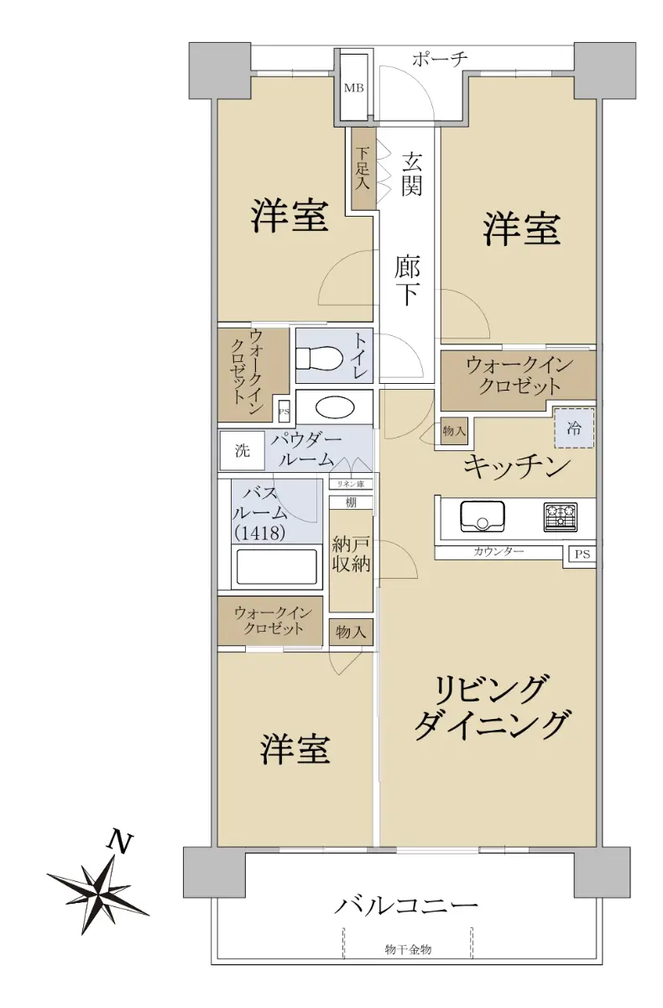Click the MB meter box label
pos(354,87)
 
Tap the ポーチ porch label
pos(440,59)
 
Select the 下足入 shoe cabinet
pos(363,168)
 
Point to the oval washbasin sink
pos(335,407)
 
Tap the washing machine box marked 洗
pos(242,450)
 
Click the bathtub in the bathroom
pos(277,566)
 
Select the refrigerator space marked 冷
pos(574,428)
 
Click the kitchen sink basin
pos(482,516)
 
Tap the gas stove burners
pos(561,517)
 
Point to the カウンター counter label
pos(499,552)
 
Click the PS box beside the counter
pos(582,554)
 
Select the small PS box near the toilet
pos(284,412)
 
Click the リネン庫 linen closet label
pos(351,484)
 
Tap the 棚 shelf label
pos(351,502)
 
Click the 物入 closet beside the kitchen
pos(454,431)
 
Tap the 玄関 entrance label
pos(412,174)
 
